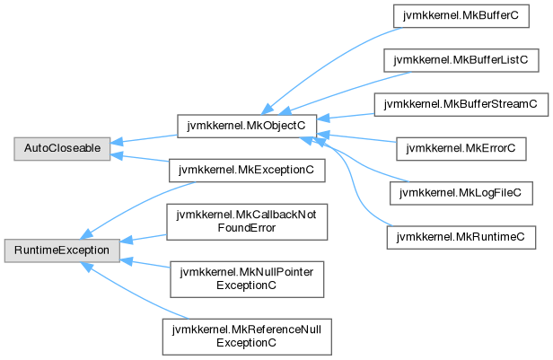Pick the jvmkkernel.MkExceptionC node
click(x=243, y=166)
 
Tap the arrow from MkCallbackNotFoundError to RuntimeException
click(x=144, y=237)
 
